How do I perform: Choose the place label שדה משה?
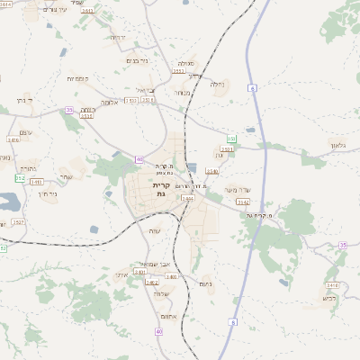click(x=234, y=189)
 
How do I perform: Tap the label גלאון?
click(x=338, y=145)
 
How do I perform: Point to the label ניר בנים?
click(x=136, y=60)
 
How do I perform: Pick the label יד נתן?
click(x=26, y=100)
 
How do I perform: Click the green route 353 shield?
click(x=231, y=139)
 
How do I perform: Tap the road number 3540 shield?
click(x=212, y=170)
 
